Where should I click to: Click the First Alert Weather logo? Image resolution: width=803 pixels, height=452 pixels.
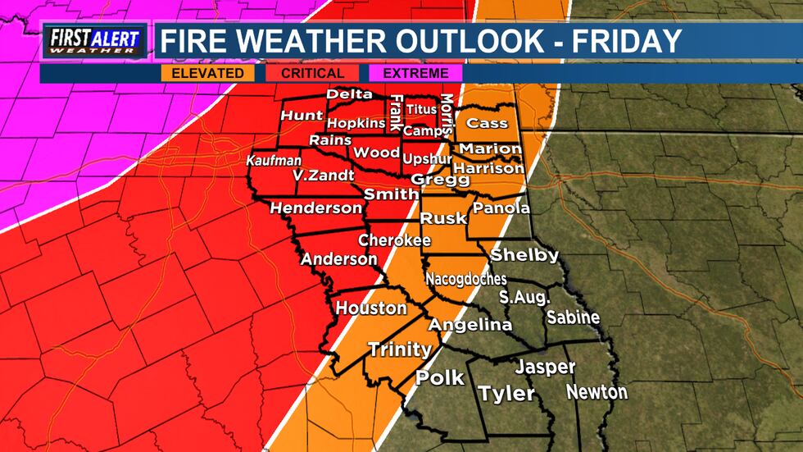pos(95,41)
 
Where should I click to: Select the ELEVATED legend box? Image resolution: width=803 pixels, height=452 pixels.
pos(207,73)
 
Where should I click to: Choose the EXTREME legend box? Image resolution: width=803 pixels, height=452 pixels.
pos(415,73)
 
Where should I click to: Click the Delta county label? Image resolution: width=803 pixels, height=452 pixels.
pos(349,94)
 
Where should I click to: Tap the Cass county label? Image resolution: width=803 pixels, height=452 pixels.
pos(487,123)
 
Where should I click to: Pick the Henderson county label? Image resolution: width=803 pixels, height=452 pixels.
pos(315,208)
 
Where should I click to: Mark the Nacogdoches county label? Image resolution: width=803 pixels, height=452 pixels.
pos(465,279)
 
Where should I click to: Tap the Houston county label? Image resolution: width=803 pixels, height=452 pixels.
pos(371,308)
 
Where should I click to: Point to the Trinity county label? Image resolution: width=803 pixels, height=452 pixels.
pos(399,349)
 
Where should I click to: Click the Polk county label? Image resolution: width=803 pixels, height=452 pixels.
pos(440,378)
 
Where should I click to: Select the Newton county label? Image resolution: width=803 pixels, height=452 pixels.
pos(597,392)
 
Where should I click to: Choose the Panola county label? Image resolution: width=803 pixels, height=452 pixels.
pos(501,208)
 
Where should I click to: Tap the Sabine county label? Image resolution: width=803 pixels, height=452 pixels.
pos(573,317)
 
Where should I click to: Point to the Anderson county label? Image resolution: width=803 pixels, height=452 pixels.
pos(338,259)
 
